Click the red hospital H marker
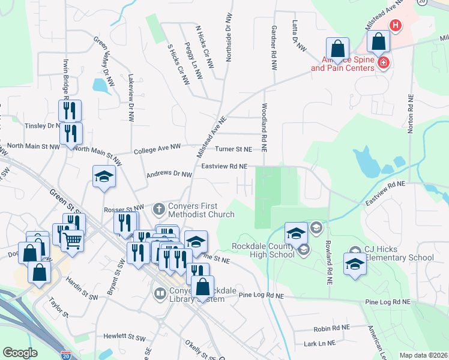pos(396,26)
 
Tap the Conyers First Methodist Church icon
pos(159,209)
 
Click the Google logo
pos(20,353)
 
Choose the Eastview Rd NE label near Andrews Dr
pos(224,166)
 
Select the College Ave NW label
pos(157,147)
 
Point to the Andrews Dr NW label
pos(169,175)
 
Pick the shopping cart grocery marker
pos(72,239)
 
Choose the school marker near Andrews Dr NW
pos(104,176)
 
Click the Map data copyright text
pos(423,355)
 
